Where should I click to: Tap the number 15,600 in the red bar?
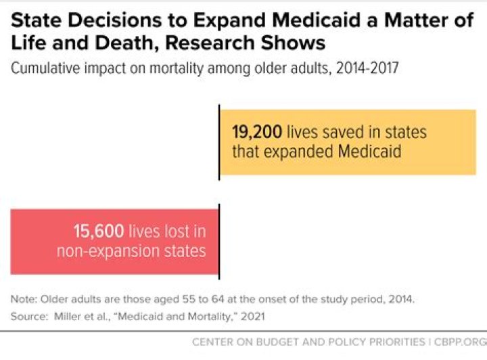(98, 231)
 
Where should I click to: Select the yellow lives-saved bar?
(348, 142)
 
